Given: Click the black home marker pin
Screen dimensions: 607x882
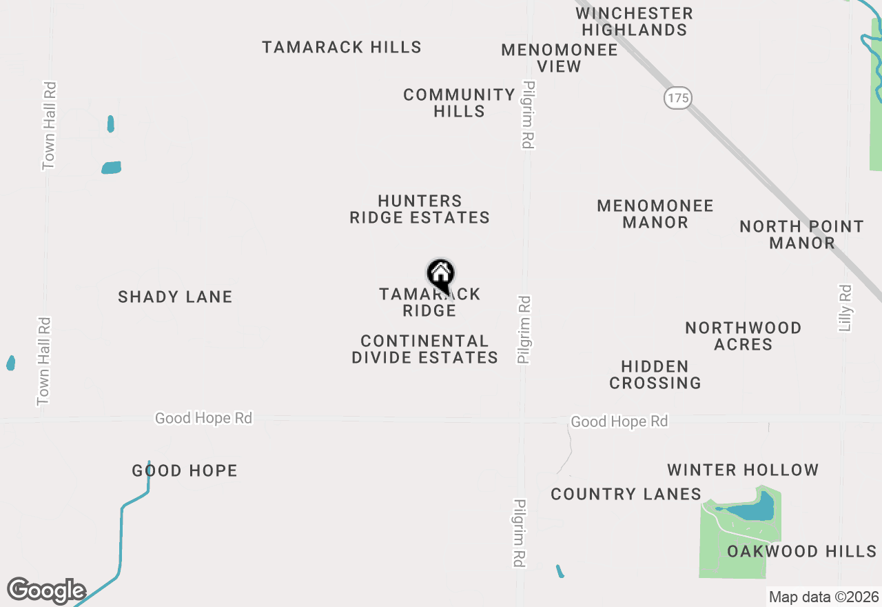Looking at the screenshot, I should click(x=441, y=275).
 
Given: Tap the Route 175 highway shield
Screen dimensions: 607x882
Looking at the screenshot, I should click(x=678, y=98).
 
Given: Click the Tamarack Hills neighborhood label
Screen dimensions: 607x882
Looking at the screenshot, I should click(x=342, y=47).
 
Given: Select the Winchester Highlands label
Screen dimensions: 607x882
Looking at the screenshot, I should click(x=634, y=21).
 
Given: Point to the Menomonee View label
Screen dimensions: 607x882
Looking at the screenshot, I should click(x=559, y=58).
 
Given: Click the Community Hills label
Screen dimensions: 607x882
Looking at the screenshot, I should click(x=460, y=103).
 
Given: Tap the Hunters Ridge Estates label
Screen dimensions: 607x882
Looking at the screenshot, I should click(x=420, y=209).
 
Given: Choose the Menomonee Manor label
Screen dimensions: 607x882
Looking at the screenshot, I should click(x=655, y=214).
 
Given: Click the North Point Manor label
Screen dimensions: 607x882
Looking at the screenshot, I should click(x=801, y=235).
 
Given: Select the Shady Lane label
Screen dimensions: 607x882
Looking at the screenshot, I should click(x=175, y=297).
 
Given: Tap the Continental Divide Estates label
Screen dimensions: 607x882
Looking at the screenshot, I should click(x=424, y=349).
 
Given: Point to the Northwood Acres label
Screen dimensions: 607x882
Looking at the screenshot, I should click(x=743, y=336).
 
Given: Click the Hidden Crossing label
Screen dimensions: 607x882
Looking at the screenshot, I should click(x=655, y=375).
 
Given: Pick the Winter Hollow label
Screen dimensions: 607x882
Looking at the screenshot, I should click(x=743, y=470).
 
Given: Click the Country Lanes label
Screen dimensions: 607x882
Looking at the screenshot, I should click(x=626, y=494).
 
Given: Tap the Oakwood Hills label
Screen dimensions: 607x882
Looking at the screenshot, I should click(x=801, y=551).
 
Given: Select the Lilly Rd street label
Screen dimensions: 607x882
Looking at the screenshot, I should click(x=845, y=308).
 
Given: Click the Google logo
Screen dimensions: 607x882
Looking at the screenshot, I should click(x=45, y=591).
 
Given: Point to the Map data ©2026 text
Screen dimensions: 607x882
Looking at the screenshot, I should click(x=823, y=597).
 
